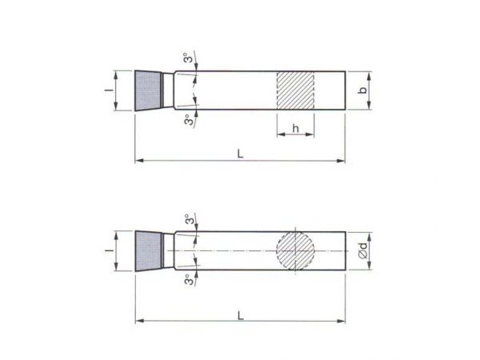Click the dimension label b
(x=363, y=90)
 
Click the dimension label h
(x=295, y=129)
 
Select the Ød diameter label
(x=363, y=250)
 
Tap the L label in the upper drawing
(x=240, y=154)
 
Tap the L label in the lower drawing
(x=241, y=315)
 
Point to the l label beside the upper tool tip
(x=109, y=90)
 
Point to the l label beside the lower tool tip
(x=109, y=250)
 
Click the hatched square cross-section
(x=295, y=90)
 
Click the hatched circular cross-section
(x=295, y=251)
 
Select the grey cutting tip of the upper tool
(x=147, y=90)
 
